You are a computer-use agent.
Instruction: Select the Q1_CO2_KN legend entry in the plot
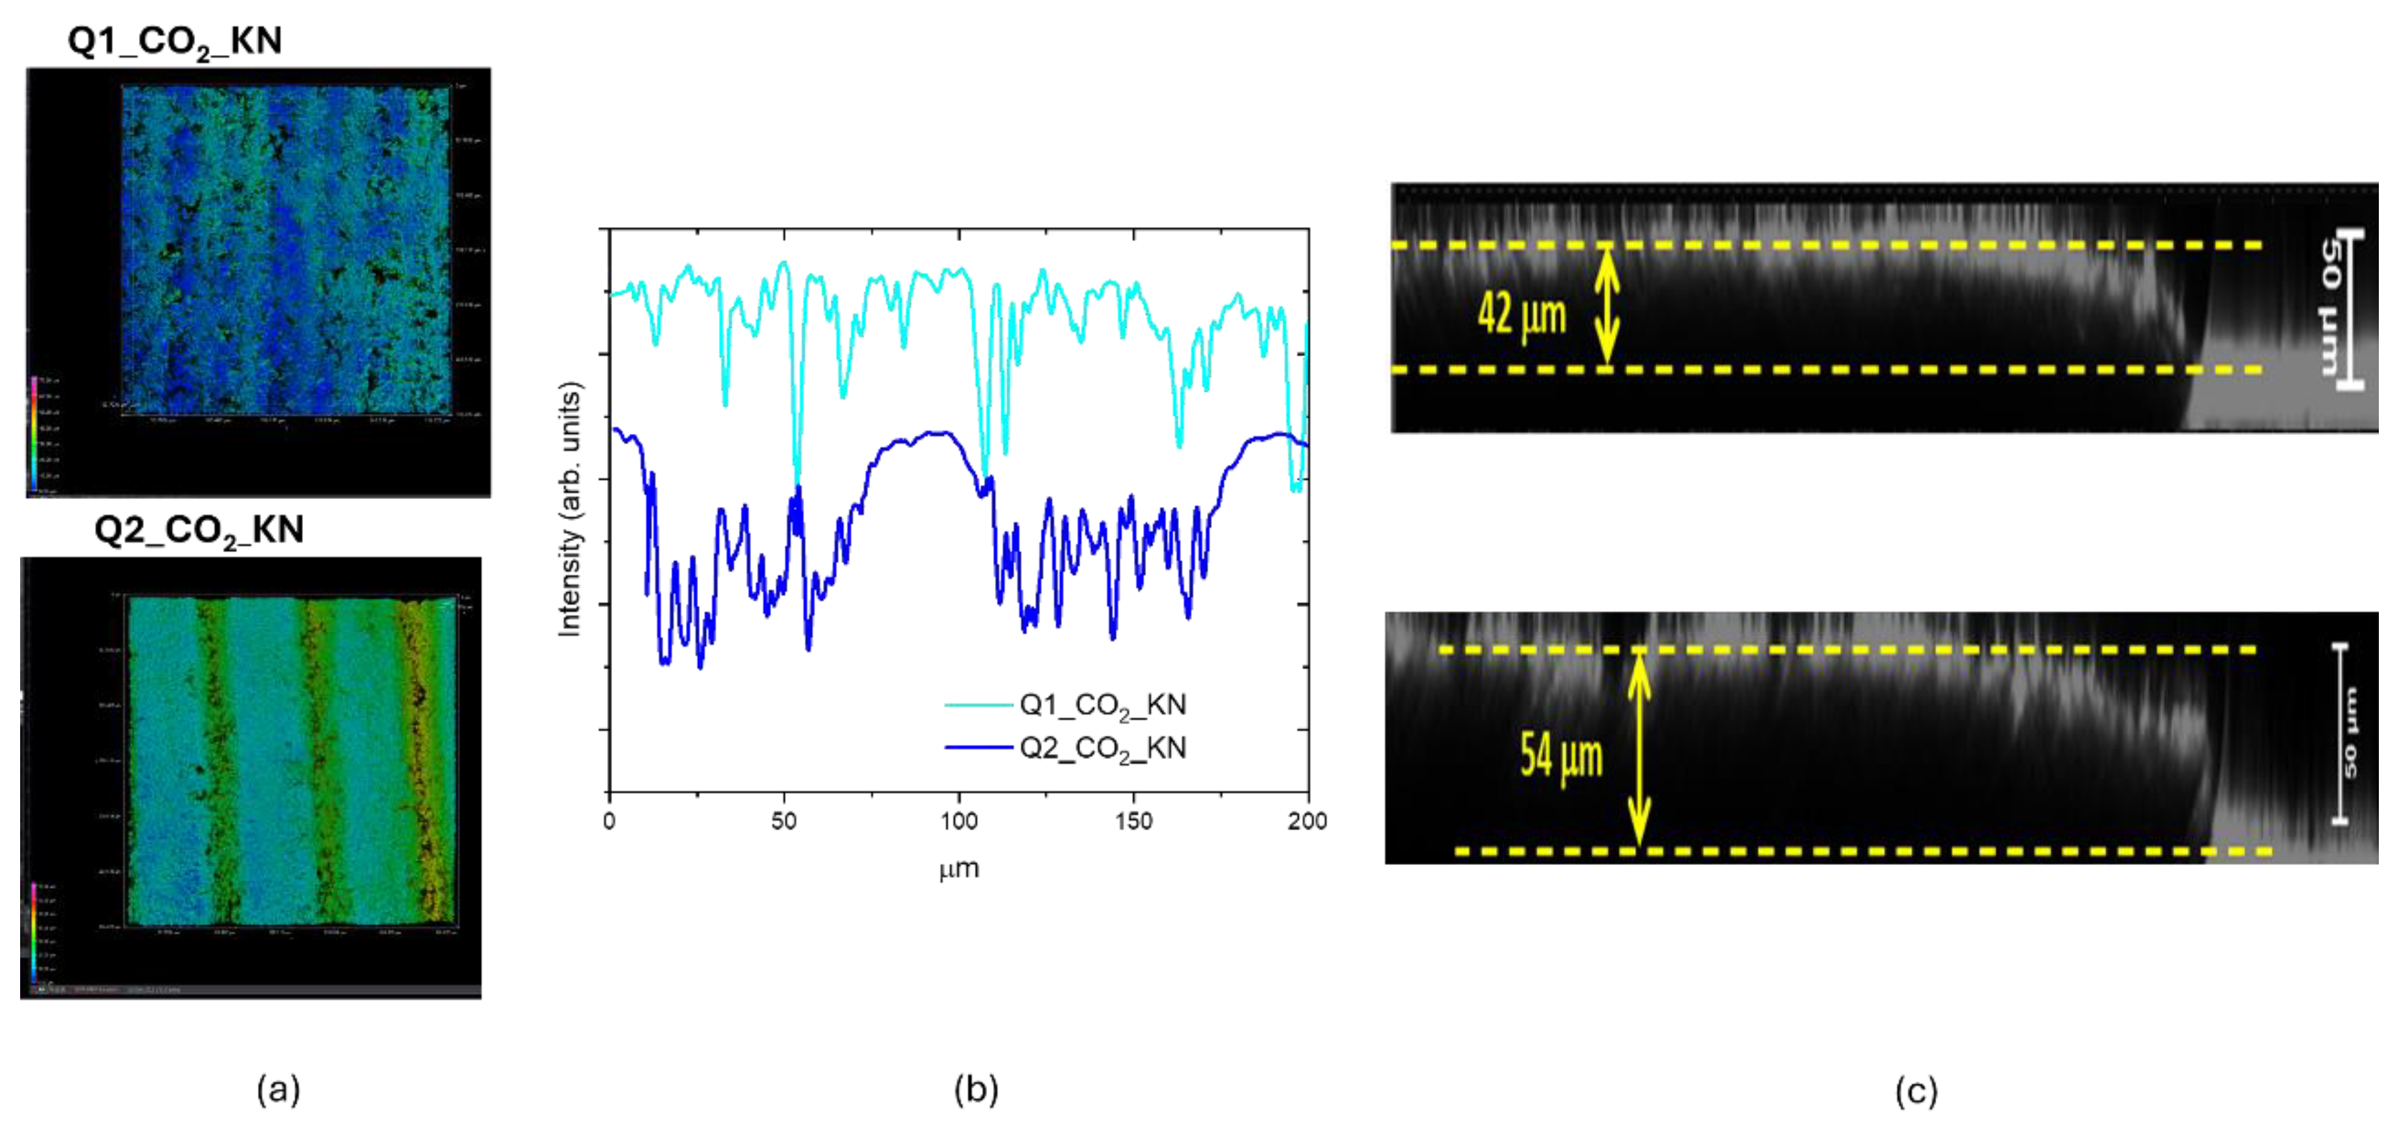1102,705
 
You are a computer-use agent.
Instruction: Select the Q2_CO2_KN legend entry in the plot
1102,748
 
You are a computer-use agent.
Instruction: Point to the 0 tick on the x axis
609,821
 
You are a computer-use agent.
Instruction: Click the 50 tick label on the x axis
783,821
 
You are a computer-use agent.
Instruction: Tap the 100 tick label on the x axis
958,821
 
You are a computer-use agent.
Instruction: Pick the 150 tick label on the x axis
1133,821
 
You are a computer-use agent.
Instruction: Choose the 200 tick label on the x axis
1307,821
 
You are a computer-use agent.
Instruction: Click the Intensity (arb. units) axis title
569,510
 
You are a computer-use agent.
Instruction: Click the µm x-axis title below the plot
958,870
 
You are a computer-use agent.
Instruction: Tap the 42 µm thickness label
1522,315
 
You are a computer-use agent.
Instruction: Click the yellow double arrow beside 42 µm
1606,308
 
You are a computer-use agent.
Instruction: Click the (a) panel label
277,1089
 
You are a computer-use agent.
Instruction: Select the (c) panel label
1916,1091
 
